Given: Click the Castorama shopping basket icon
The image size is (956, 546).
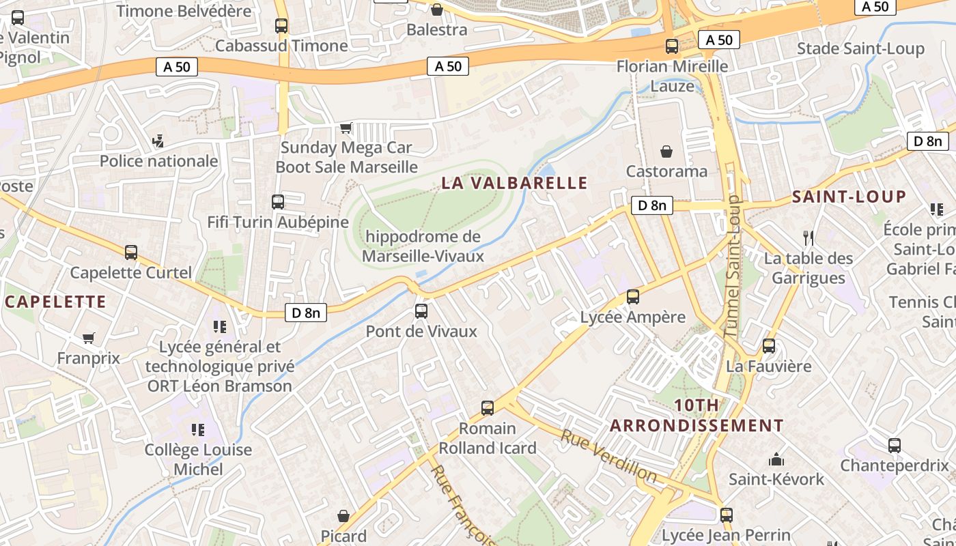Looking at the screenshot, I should tap(666, 151).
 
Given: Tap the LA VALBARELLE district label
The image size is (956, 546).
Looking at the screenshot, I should tap(514, 183).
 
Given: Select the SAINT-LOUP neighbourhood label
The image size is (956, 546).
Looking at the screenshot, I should tap(849, 197).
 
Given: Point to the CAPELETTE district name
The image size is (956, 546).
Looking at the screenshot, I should tap(56, 302).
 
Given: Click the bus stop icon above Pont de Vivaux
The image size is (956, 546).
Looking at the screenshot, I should tap(421, 311).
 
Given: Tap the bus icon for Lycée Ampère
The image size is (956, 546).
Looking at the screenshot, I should tap(633, 297).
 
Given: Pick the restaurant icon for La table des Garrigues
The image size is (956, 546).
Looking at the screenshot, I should tap(809, 238).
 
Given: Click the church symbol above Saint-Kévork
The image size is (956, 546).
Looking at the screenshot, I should tap(776, 459).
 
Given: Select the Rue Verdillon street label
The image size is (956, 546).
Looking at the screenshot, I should tap(609, 456).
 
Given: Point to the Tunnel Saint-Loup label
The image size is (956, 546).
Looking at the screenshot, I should tap(731, 266).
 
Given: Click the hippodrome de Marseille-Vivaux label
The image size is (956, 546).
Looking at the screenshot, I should tap(423, 246).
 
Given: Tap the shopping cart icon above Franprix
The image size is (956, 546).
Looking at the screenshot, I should tap(88, 338).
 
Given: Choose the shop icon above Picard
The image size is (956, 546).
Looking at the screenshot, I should tap(343, 516).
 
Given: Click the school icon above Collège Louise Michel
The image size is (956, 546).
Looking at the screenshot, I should tap(198, 429).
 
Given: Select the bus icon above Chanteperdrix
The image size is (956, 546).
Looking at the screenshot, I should tap(895, 446).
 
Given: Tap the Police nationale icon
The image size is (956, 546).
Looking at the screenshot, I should tap(158, 141).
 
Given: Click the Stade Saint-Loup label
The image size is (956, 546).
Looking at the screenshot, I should tap(860, 48).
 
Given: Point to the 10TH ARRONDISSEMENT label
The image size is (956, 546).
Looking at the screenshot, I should tap(697, 415).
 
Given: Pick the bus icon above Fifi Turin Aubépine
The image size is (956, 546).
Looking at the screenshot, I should tap(277, 202).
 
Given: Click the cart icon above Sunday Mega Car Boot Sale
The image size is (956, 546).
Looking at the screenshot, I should tap(346, 128).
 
